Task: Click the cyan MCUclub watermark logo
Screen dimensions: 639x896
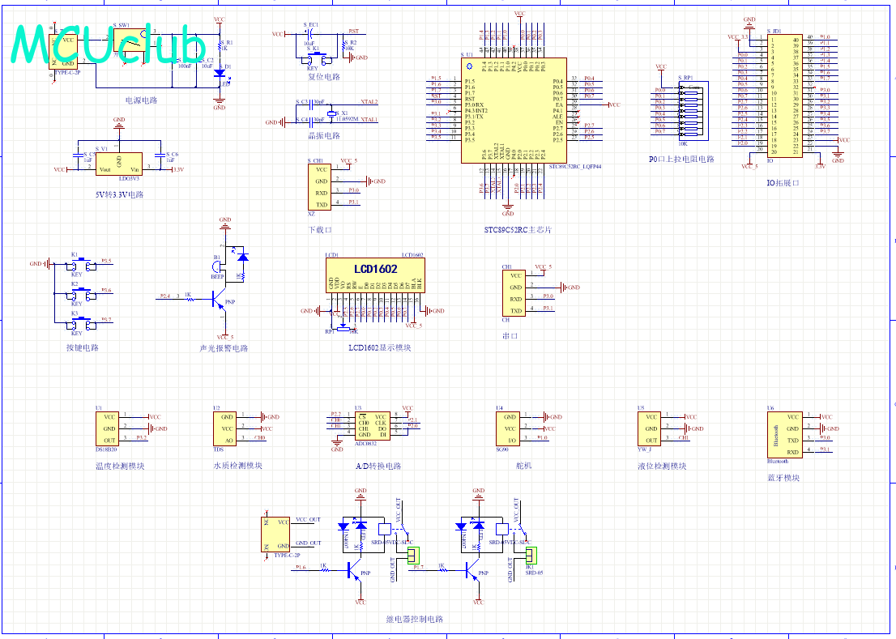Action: (110, 45)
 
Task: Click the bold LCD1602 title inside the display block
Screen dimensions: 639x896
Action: (375, 269)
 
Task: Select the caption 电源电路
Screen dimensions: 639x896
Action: (141, 100)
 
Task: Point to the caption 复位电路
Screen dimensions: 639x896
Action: (323, 77)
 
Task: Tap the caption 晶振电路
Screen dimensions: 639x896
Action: (324, 135)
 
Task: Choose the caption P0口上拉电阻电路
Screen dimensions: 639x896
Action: (681, 160)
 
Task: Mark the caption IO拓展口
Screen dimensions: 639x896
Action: (783, 183)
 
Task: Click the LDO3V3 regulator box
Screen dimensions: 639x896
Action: (119, 164)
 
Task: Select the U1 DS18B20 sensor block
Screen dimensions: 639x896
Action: (109, 428)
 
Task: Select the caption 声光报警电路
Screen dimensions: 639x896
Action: (224, 348)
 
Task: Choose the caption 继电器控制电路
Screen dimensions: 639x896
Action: (414, 620)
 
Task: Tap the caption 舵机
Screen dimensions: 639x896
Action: (524, 466)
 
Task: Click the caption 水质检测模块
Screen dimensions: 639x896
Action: (237, 466)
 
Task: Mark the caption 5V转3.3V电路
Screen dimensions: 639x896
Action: (119, 194)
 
